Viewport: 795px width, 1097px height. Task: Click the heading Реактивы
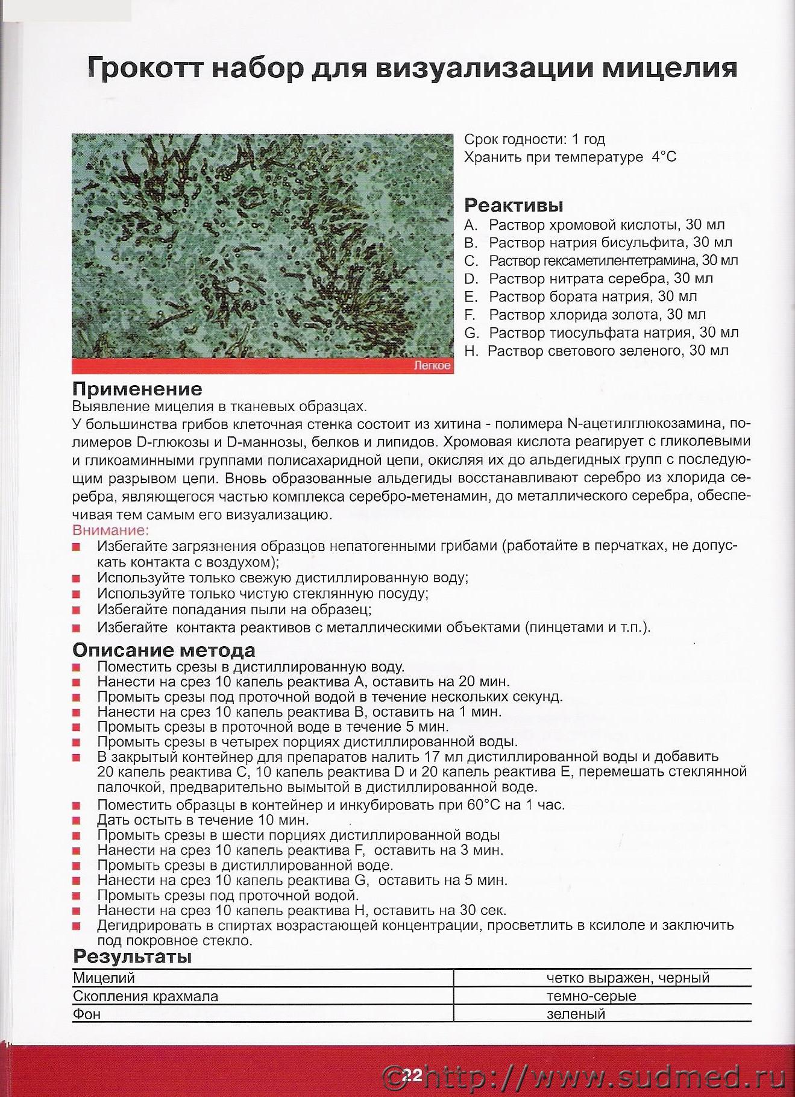514,206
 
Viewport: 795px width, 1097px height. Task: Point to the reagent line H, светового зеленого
596,351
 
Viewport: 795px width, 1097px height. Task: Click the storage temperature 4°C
663,157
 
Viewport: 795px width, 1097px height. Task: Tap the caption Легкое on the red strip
432,366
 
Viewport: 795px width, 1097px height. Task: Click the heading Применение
137,389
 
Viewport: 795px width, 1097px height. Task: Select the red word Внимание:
110,530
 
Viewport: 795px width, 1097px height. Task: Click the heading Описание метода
163,650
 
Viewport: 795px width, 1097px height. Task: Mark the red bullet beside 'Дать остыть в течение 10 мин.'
76,821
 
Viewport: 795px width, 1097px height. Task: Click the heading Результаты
132,957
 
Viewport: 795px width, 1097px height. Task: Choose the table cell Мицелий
104,978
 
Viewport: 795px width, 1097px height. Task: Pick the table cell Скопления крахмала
145,996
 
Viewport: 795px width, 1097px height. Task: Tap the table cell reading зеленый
575,1014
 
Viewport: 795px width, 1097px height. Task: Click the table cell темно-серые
591,996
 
